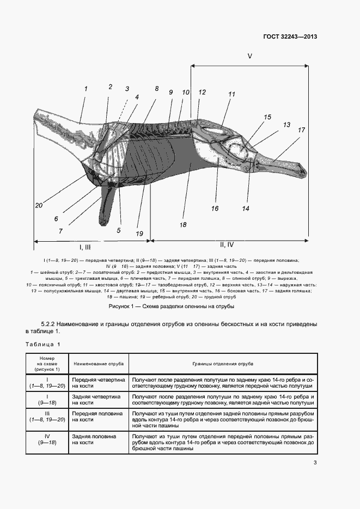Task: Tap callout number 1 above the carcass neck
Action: (86, 87)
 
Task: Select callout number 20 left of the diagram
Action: (38, 206)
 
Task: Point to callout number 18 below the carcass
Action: (182, 224)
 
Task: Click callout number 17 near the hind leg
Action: (301, 130)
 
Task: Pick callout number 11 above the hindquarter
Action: (231, 94)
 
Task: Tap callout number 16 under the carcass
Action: (215, 208)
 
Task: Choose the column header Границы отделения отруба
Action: (222, 363)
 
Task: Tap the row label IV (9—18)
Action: (47, 440)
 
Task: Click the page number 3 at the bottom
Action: (315, 463)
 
